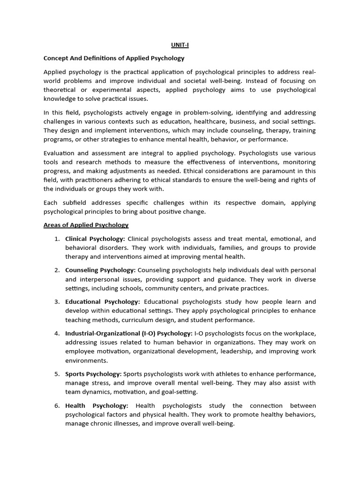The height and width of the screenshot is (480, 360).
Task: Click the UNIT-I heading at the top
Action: (180, 45)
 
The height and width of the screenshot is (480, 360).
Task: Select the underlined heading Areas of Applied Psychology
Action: (86, 225)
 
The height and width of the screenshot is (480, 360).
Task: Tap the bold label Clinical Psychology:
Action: (95, 239)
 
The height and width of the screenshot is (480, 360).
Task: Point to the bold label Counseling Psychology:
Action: (100, 270)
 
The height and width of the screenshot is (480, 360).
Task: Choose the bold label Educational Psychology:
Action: (102, 301)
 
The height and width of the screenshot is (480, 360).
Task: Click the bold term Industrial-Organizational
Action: (104, 333)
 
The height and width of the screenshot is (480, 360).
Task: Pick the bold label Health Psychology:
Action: (97, 405)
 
